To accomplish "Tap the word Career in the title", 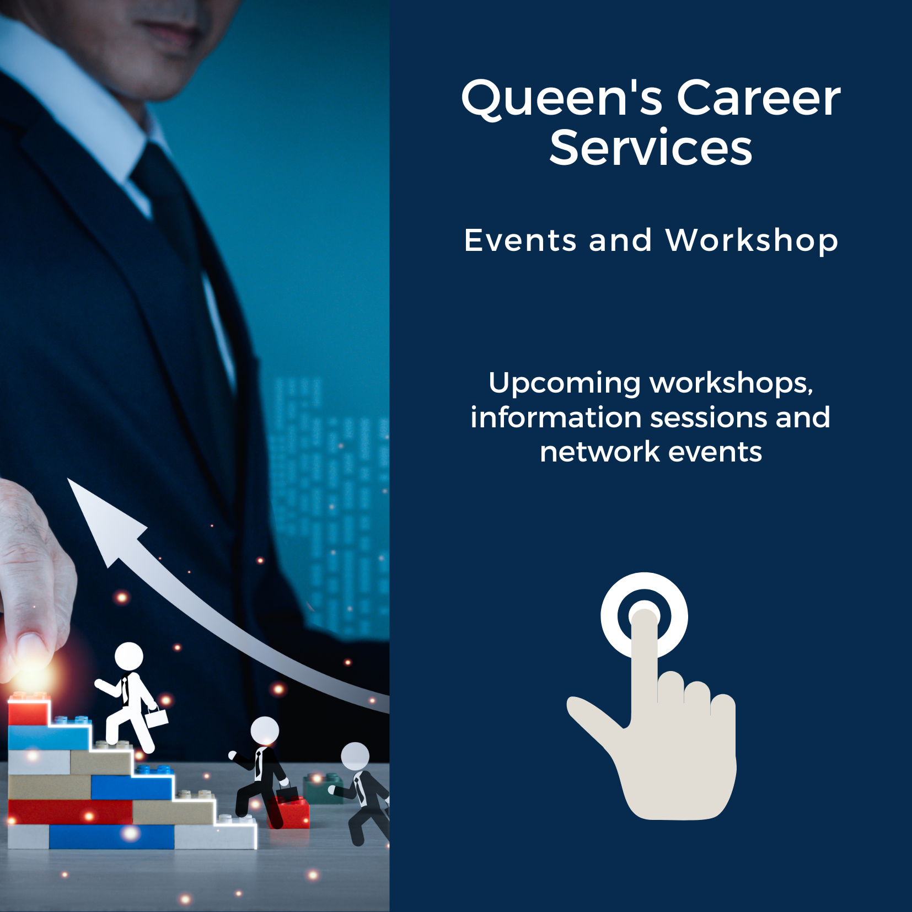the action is click(x=759, y=98).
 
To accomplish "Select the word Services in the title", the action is click(x=651, y=148).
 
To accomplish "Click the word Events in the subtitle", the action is click(x=521, y=240).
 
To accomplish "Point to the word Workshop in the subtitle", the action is click(x=752, y=242).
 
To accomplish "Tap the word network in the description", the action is click(x=600, y=452).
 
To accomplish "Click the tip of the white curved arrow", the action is click(x=68, y=479).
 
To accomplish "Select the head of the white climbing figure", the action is click(x=129, y=657).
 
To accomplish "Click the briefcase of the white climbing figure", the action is click(x=157, y=717).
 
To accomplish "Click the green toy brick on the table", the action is click(x=324, y=787).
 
